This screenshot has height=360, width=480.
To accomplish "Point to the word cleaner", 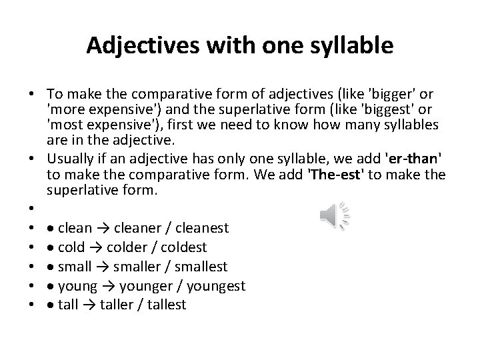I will click(x=139, y=229).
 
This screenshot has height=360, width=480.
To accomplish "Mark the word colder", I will click(x=129, y=248).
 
